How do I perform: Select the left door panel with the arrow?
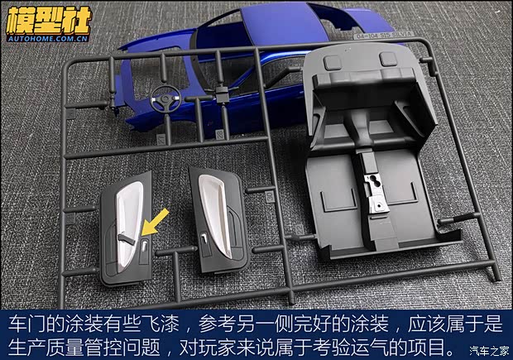tap(128, 234)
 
